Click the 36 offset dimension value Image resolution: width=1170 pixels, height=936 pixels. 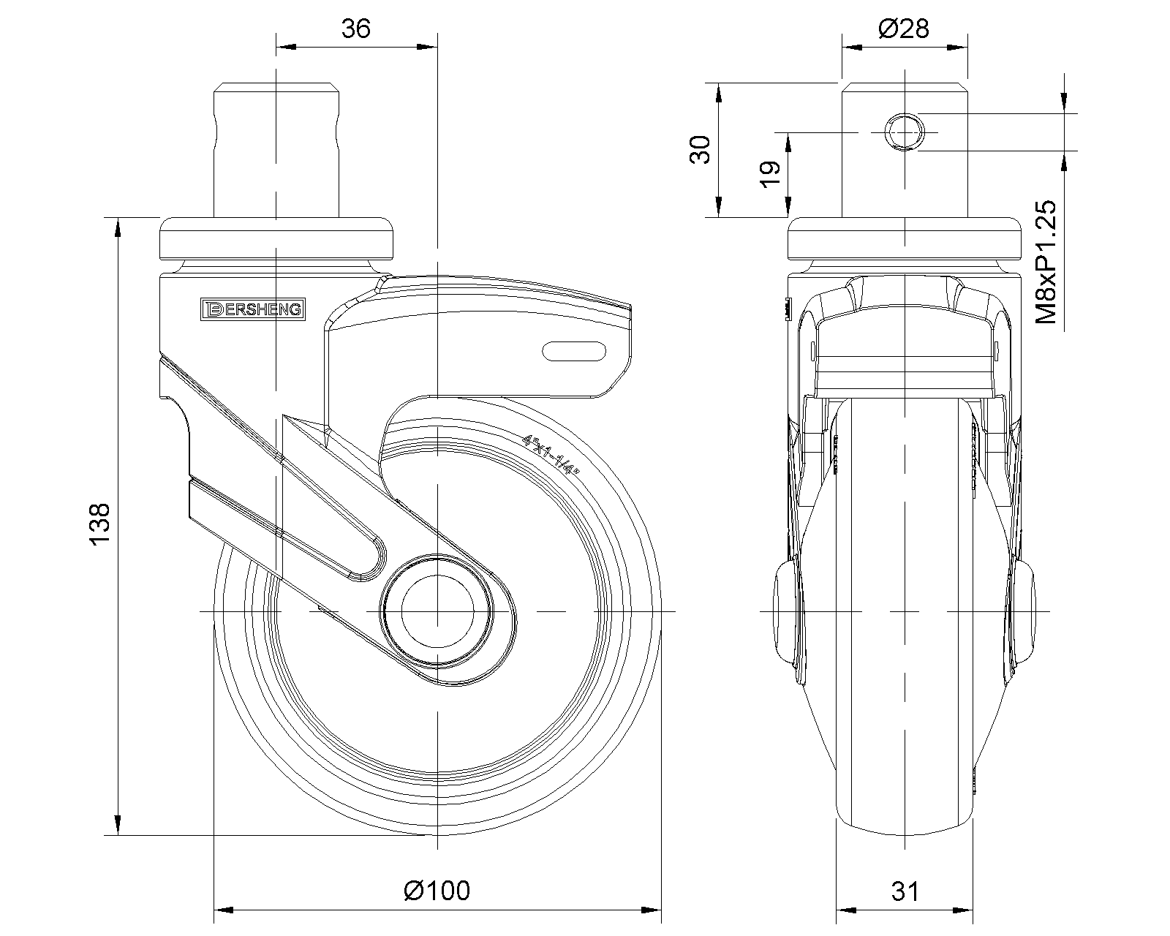[356, 29]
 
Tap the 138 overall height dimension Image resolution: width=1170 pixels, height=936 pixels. [100, 524]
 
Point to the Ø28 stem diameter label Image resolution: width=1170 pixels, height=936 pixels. [904, 29]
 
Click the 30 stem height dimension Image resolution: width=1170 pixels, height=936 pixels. [701, 150]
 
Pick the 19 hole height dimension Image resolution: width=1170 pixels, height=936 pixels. [770, 175]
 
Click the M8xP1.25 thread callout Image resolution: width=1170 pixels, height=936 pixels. [1046, 262]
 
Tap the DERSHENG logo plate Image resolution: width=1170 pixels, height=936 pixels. [253, 309]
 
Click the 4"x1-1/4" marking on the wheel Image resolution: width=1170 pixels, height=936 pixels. [550, 455]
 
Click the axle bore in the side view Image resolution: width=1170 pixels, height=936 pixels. [438, 611]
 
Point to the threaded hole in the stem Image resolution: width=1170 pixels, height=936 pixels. [904, 132]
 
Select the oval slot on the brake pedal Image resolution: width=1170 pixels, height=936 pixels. [574, 351]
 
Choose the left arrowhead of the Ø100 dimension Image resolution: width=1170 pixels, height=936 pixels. [224, 910]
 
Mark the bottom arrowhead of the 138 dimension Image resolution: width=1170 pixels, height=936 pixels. [118, 825]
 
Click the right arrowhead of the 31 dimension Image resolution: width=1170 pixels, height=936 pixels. [963, 910]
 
